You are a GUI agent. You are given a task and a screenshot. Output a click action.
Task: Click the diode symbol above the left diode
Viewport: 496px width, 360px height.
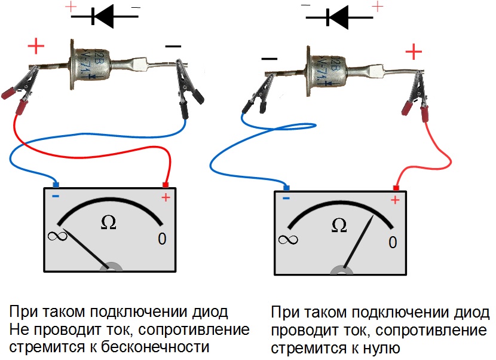coord(105,17)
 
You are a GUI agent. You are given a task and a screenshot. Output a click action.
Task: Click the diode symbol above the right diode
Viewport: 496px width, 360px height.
coord(339,17)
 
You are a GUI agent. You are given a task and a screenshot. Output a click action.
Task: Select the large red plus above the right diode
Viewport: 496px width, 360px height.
coord(414,53)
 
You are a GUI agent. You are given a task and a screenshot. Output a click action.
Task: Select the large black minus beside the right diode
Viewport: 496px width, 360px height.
coord(270,59)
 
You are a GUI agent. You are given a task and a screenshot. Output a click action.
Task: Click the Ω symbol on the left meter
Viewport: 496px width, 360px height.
coord(108,222)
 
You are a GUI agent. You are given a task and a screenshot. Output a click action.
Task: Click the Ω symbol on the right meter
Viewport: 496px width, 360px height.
coord(339,225)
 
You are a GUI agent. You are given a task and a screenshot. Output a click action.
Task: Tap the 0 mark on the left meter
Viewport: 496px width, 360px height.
coord(162,239)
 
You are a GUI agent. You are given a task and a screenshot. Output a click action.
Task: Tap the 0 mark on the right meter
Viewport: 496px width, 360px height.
coord(392,242)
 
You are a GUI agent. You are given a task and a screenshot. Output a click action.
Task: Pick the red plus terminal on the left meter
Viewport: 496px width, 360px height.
coord(166,185)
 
